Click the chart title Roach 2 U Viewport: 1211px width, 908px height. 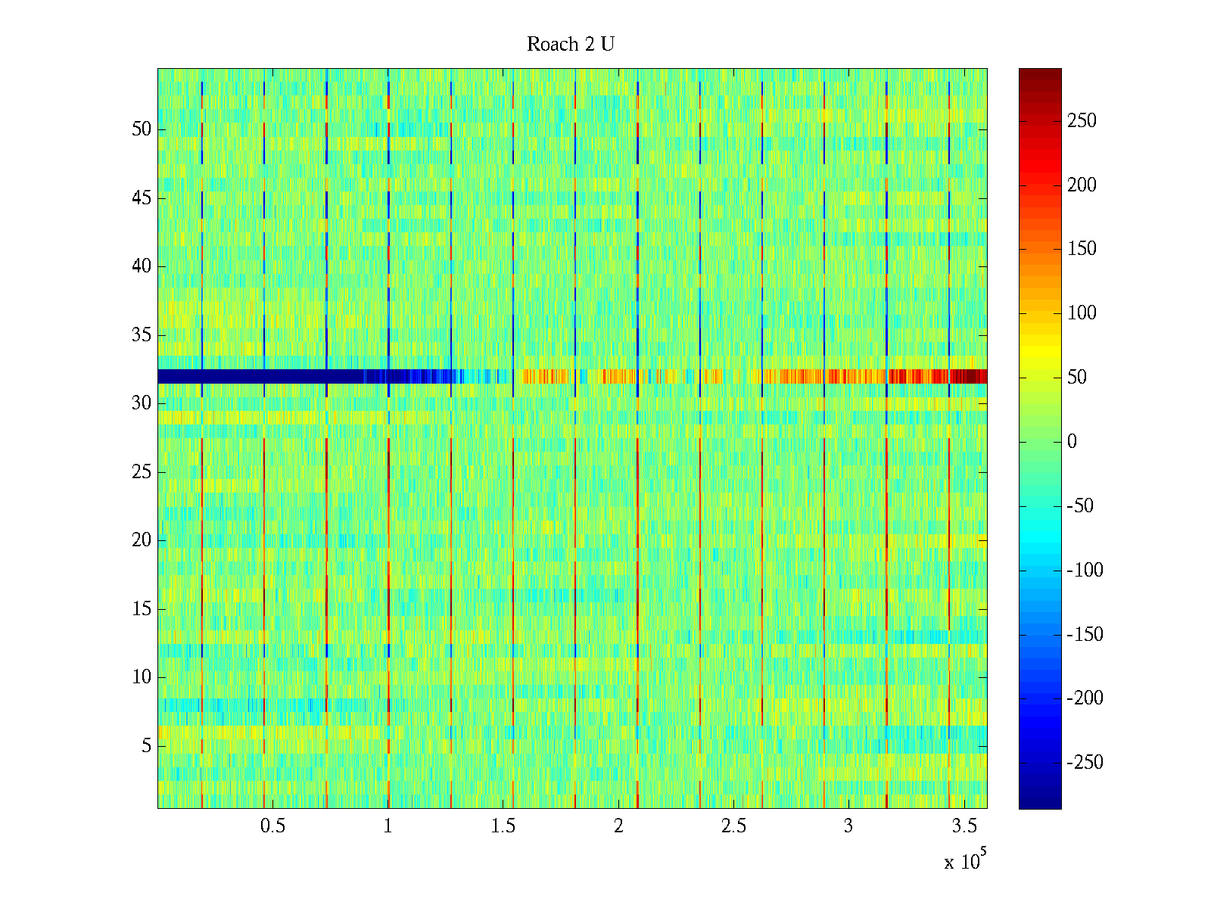pyautogui.click(x=570, y=45)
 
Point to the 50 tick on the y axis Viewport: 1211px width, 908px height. pyautogui.click(x=142, y=129)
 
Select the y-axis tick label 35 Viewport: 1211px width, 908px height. pyautogui.click(x=142, y=335)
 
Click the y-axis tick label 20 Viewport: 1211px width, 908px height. pyautogui.click(x=142, y=540)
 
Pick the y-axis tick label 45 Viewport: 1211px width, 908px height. pyautogui.click(x=142, y=198)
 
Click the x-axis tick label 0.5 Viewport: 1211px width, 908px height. pyautogui.click(x=272, y=826)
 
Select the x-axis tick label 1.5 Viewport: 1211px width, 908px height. pyautogui.click(x=503, y=826)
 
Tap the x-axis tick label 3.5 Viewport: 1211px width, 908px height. pyautogui.click(x=964, y=826)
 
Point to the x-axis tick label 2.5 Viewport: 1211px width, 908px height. pyautogui.click(x=733, y=826)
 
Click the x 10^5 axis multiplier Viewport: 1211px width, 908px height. pyautogui.click(x=965, y=861)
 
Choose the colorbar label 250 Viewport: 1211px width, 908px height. pyautogui.click(x=1082, y=121)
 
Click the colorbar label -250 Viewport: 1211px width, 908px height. pyautogui.click(x=1085, y=763)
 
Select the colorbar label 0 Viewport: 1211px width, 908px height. pyautogui.click(x=1072, y=442)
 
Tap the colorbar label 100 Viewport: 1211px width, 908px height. pyautogui.click(x=1082, y=313)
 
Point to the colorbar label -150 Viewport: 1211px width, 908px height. pyautogui.click(x=1085, y=634)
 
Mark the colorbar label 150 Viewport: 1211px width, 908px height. pyautogui.click(x=1082, y=249)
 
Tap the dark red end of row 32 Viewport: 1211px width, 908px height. pyautogui.click(x=969, y=376)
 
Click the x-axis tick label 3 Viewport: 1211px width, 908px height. pyautogui.click(x=848, y=826)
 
